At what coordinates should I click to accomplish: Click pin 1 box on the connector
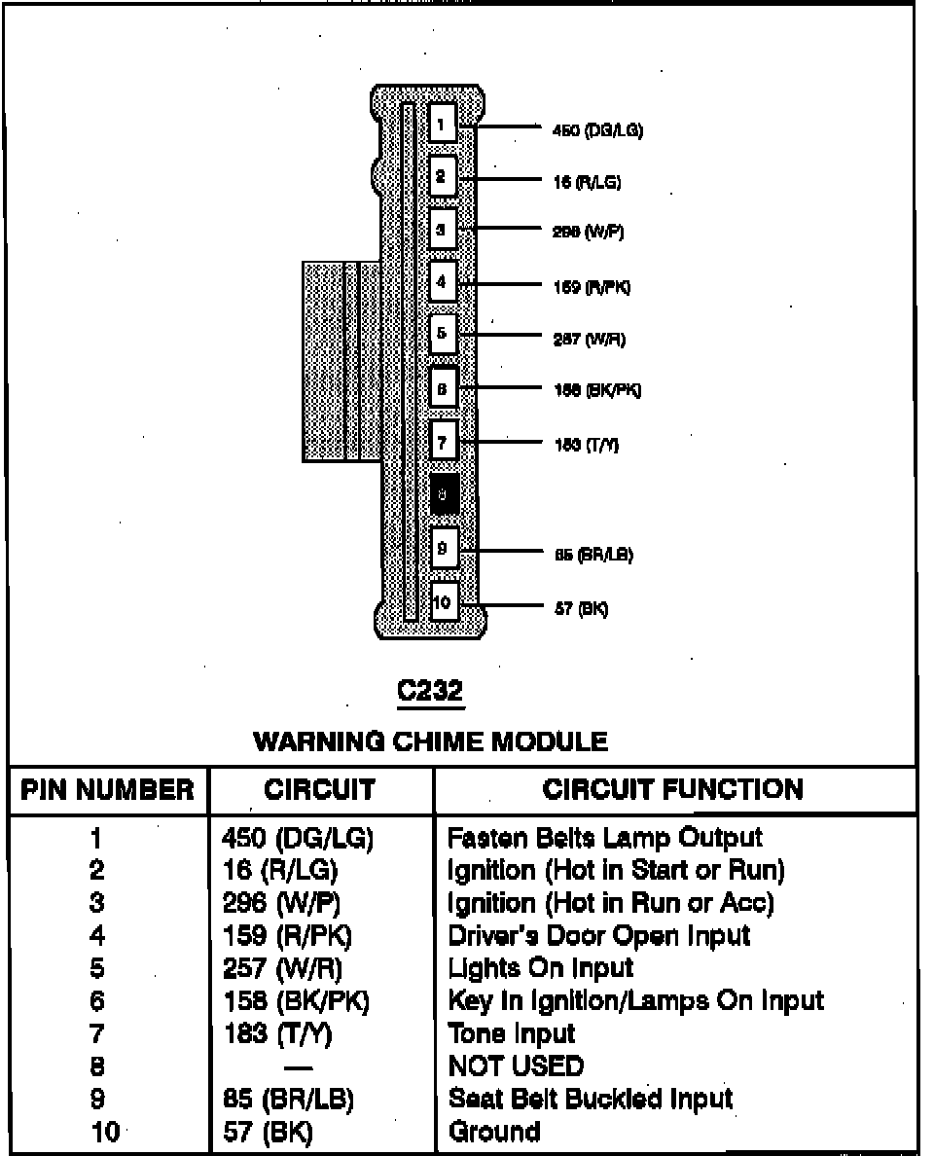pos(442,124)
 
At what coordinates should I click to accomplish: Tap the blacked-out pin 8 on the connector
pos(443,495)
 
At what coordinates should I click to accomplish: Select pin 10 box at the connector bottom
pos(442,602)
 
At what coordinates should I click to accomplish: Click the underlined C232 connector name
pos(431,692)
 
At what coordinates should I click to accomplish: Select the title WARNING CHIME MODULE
pos(430,741)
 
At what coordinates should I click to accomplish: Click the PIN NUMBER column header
pos(107,789)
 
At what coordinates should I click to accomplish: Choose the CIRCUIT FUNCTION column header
pos(673,789)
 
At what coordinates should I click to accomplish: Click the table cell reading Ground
pos(493,1132)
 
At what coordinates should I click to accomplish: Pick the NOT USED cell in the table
pos(516,1066)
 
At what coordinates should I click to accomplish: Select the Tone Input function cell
pos(511,1033)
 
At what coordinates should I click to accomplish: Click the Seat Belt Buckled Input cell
pos(590,1099)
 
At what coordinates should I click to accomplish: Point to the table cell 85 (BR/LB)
pos(288,1099)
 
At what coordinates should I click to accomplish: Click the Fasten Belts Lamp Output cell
pos(604,838)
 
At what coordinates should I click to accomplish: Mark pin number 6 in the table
pos(97,1000)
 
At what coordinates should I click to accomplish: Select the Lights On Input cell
pos(540,968)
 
